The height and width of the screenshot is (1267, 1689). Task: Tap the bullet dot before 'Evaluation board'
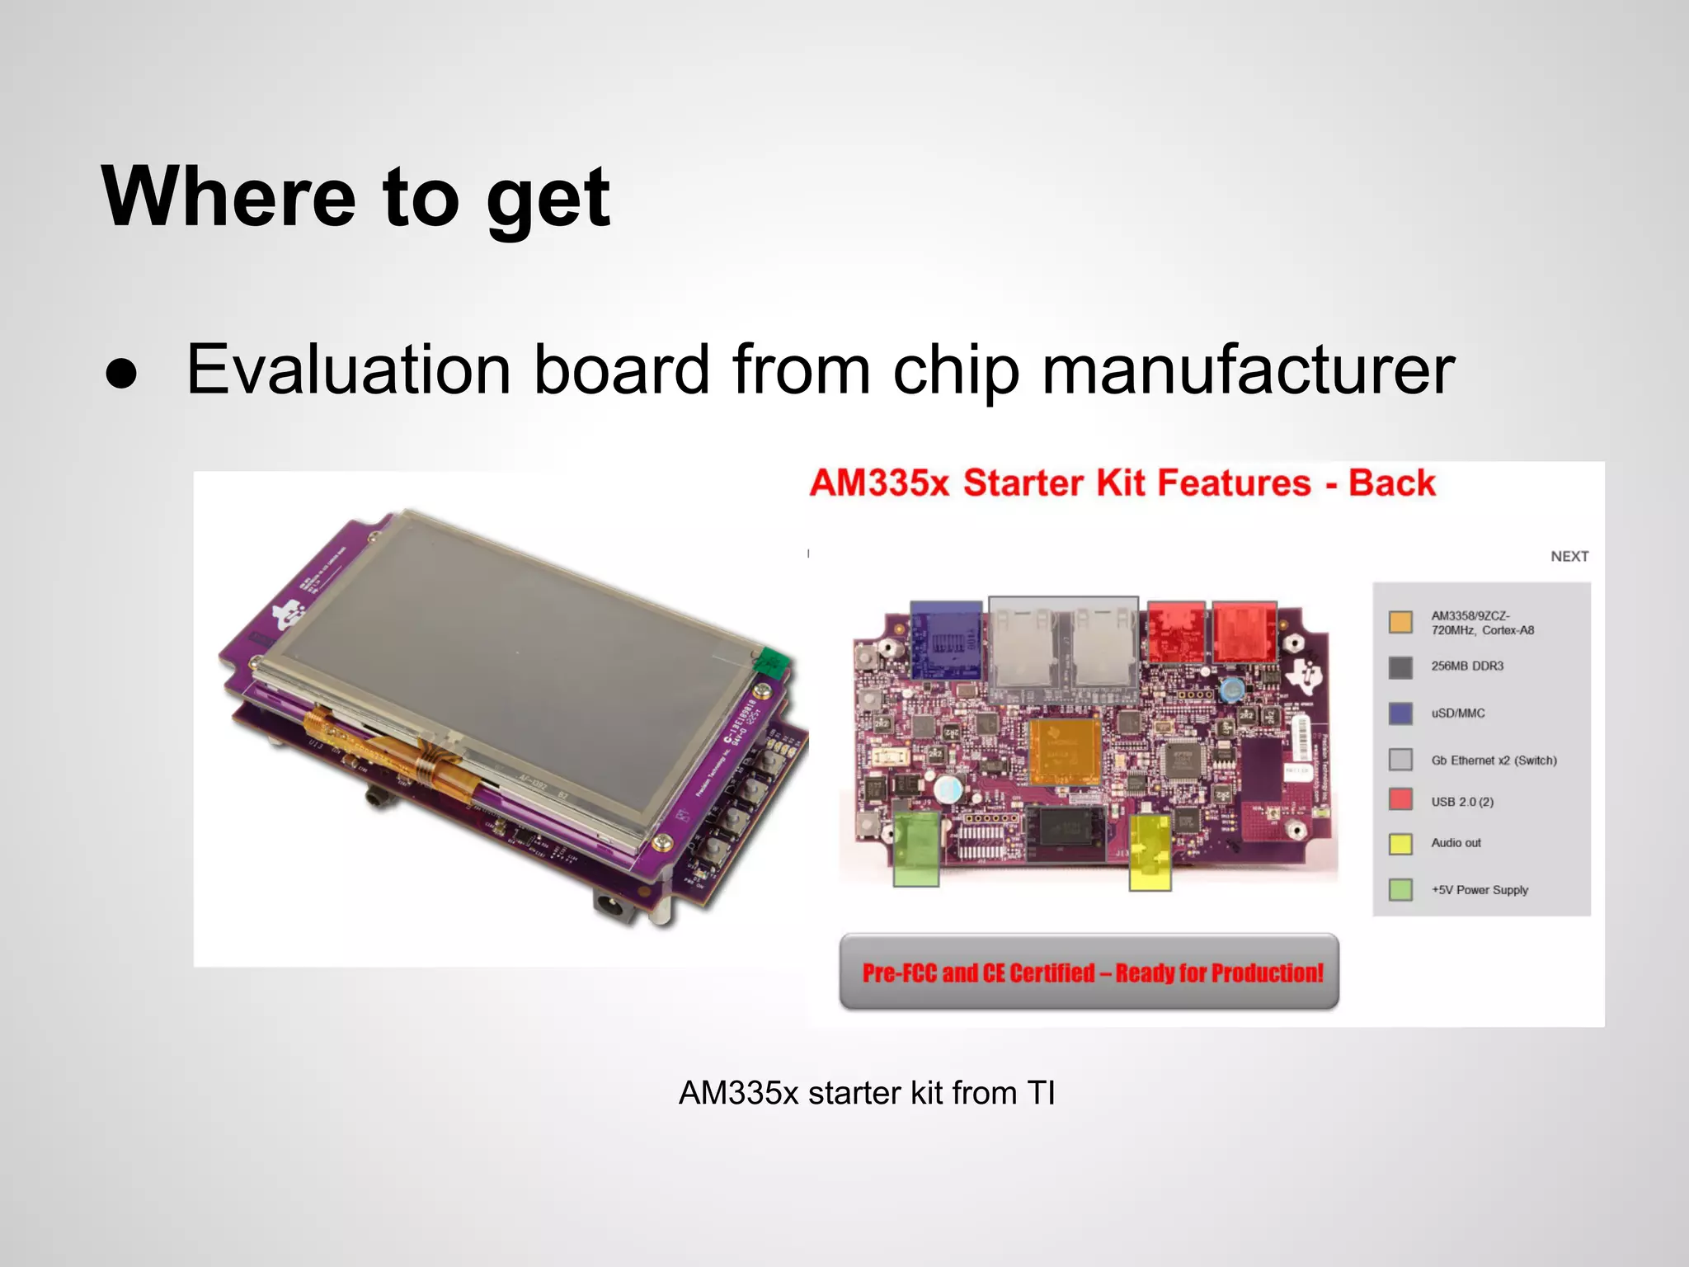[x=121, y=374]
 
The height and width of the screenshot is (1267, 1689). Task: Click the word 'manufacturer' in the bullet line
[x=1248, y=370]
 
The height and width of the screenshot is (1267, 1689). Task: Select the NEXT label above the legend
[x=1569, y=557]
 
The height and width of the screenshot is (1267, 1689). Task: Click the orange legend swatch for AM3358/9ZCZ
[x=1400, y=622]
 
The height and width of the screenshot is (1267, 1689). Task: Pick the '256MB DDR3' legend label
[x=1467, y=666]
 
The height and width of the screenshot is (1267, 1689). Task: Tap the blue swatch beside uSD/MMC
[x=1400, y=714]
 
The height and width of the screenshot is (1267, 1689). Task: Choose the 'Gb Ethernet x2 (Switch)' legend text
[x=1494, y=761]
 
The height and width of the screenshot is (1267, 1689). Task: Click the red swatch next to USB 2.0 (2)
[x=1400, y=799]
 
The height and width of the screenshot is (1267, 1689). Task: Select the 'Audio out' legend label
[x=1456, y=843]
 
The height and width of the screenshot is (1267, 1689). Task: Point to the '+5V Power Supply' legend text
[x=1480, y=890]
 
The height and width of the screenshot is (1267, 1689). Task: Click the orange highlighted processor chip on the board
[x=1065, y=751]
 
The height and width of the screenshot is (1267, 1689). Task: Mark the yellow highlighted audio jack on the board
[x=1150, y=852]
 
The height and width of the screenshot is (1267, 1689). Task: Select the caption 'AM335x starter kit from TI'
[x=866, y=1093]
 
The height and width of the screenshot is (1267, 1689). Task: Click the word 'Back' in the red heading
[x=1391, y=483]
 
